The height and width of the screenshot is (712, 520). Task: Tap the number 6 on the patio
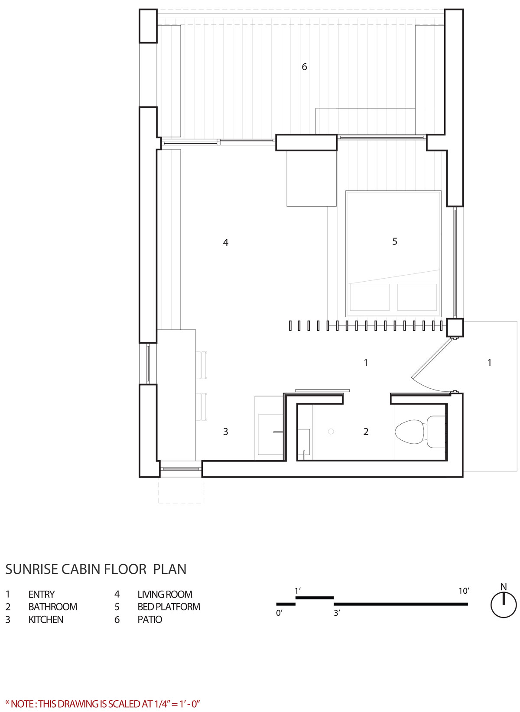coord(304,67)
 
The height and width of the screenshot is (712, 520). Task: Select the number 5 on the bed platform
coord(394,241)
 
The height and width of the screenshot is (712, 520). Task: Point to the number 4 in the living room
coord(225,243)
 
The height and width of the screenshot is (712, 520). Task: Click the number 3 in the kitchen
coord(225,432)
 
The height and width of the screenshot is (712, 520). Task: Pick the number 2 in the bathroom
coord(366,432)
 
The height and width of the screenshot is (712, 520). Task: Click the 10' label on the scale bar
coord(464,591)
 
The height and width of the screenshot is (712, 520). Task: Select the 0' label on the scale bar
coord(279,613)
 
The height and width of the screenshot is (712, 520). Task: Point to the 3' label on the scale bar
coord(337,613)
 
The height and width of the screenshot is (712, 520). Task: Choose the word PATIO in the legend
coord(149,620)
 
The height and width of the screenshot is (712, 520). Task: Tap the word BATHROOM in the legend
coord(53,607)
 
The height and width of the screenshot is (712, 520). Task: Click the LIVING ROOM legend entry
coord(153,595)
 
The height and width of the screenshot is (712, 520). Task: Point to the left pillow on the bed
coord(370,297)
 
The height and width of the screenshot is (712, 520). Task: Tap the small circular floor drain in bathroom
coord(331,431)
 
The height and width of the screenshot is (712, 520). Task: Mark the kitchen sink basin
coord(270,435)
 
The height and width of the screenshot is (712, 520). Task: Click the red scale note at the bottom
coord(103,703)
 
